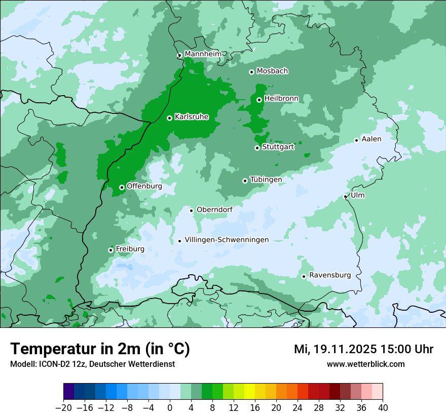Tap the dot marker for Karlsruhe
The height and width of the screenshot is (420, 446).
pos(169,118)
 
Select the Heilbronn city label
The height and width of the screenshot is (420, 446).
pos(281,99)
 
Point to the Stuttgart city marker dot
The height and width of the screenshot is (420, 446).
pos(257,148)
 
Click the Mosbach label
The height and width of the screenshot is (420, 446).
pos(272,71)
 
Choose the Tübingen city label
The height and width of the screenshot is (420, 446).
pos(266,180)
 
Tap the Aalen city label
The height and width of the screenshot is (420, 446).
pos(371,139)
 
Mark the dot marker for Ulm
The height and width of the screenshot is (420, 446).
pos(345,196)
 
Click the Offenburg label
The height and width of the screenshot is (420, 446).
pos(144,186)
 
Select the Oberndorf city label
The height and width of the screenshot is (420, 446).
pos(214,209)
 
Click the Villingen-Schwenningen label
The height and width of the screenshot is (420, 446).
pos(227,240)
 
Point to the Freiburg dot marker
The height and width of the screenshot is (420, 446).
pos(110,250)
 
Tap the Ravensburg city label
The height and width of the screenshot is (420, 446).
pos(329,275)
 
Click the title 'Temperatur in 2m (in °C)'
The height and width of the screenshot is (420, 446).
pos(100,349)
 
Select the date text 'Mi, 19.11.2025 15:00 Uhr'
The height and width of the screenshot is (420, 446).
pos(363,349)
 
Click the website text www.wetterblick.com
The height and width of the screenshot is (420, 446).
pos(365,364)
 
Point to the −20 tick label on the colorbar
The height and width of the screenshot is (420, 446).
pos(63,408)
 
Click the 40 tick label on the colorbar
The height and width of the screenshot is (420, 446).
pos(383,408)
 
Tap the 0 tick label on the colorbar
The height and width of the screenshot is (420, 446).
pos(170,408)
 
